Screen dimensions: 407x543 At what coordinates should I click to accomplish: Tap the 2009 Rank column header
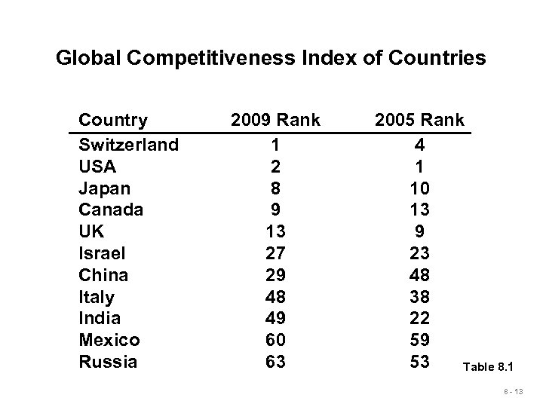[x=275, y=120]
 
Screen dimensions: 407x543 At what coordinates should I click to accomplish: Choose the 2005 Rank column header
[x=419, y=120]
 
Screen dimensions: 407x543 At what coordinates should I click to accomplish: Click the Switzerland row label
[x=128, y=144]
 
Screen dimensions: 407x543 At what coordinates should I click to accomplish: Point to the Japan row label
[x=104, y=187]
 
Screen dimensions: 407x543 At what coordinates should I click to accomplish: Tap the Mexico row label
[x=109, y=340]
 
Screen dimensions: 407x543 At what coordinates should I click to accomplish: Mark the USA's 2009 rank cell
[x=276, y=166]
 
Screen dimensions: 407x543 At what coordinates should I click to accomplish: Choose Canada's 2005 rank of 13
[x=419, y=209]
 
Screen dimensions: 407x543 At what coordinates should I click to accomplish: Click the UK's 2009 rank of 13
[x=276, y=231]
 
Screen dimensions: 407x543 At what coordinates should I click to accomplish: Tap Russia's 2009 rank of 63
[x=276, y=362]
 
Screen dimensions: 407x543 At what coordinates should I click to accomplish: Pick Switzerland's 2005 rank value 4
[x=419, y=144]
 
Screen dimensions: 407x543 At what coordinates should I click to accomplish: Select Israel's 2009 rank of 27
[x=276, y=252]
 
